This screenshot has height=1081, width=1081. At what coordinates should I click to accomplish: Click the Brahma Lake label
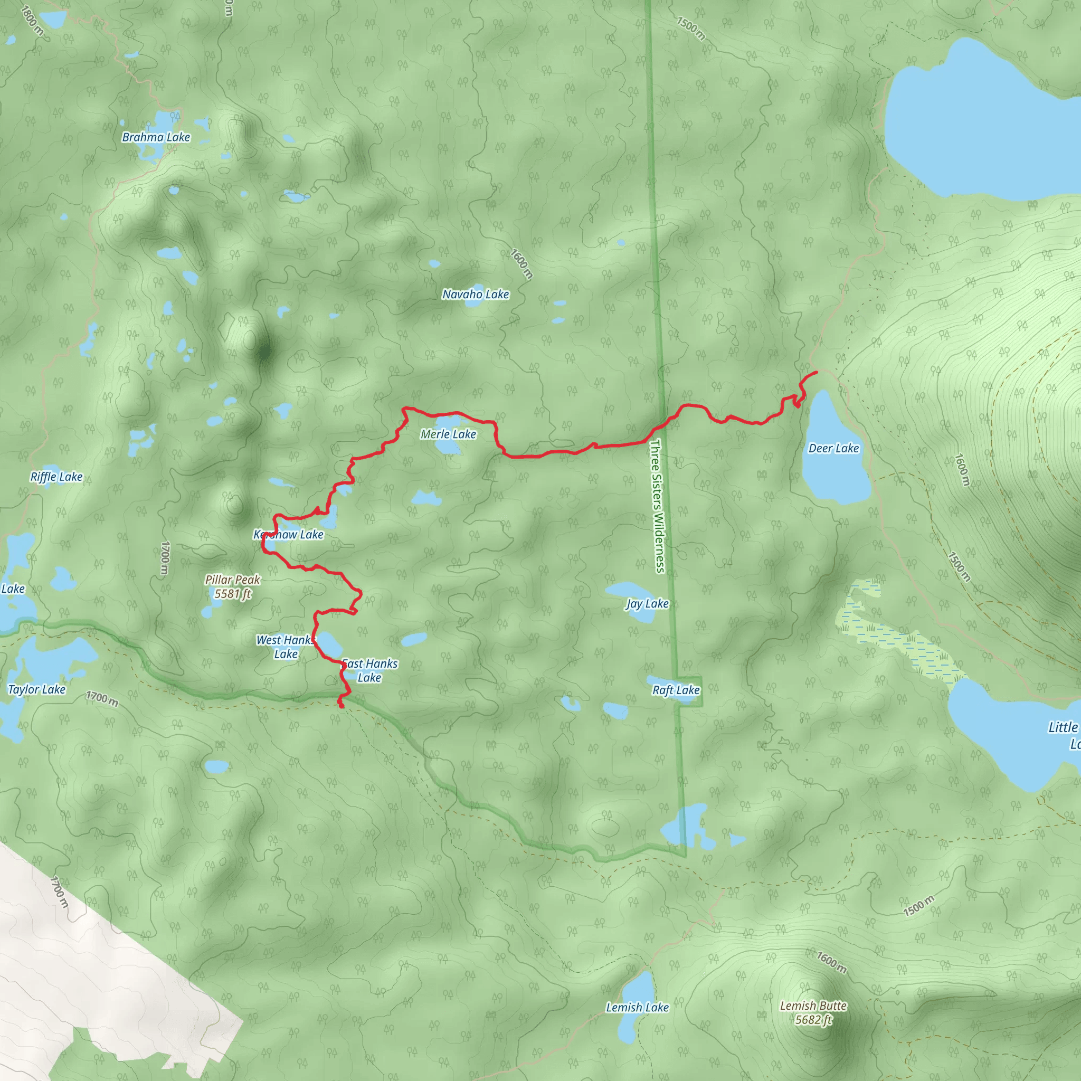(156, 137)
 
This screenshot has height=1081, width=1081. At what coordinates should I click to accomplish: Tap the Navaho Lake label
(476, 295)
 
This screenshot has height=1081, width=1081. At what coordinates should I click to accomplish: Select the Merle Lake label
(448, 434)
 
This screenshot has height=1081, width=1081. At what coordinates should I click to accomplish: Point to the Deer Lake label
(833, 448)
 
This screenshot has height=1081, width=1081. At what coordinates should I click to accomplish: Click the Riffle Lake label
(56, 477)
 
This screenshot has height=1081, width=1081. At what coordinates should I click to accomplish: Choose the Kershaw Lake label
(289, 534)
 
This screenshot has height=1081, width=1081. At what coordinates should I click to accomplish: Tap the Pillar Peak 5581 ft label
(232, 587)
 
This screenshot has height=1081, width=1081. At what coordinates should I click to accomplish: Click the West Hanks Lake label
(286, 647)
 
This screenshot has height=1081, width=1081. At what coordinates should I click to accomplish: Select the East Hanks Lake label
(369, 670)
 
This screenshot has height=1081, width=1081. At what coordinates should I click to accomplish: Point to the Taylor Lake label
(37, 689)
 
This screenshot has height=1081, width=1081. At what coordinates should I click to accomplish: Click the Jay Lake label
(647, 604)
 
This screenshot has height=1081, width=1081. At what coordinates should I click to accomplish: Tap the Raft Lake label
(676, 690)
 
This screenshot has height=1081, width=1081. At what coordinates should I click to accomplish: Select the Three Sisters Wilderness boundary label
(658, 506)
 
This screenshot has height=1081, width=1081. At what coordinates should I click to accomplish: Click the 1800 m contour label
(31, 21)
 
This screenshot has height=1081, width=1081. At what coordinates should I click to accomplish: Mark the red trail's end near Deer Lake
(817, 372)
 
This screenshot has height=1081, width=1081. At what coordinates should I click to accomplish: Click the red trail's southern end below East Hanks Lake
(342, 707)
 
